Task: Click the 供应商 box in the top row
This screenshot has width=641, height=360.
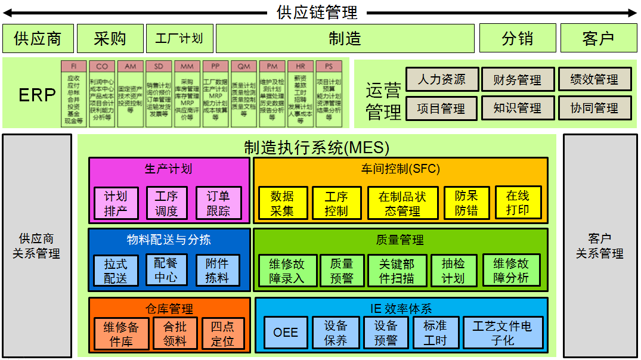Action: [x=38, y=39]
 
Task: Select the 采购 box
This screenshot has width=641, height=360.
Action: [x=110, y=39]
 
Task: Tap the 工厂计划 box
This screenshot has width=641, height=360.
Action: [x=179, y=39]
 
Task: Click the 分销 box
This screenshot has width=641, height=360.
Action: [x=517, y=39]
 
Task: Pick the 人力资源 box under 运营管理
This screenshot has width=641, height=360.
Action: [x=441, y=79]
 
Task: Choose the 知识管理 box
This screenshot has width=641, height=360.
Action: [x=517, y=108]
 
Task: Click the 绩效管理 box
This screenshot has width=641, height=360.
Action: [x=594, y=79]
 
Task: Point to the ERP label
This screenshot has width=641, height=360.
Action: [x=37, y=95]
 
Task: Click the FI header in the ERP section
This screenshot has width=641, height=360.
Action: [x=74, y=66]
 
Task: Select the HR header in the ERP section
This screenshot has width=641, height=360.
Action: [x=300, y=66]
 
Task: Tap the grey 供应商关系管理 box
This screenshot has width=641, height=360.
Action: [x=37, y=246]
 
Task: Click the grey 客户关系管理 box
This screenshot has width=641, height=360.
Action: [x=599, y=246]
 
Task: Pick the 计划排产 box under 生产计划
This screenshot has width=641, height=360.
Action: [x=116, y=203]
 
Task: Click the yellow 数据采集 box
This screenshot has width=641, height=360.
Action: [x=283, y=203]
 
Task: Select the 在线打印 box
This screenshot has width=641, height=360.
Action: [x=518, y=203]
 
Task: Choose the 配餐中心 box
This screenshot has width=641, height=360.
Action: [x=166, y=270]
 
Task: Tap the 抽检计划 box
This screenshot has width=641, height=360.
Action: [x=453, y=271]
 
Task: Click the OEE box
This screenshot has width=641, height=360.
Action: [x=286, y=333]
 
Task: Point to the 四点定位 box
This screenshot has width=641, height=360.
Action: [x=222, y=334]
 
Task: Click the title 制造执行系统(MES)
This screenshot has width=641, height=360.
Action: [x=317, y=147]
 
